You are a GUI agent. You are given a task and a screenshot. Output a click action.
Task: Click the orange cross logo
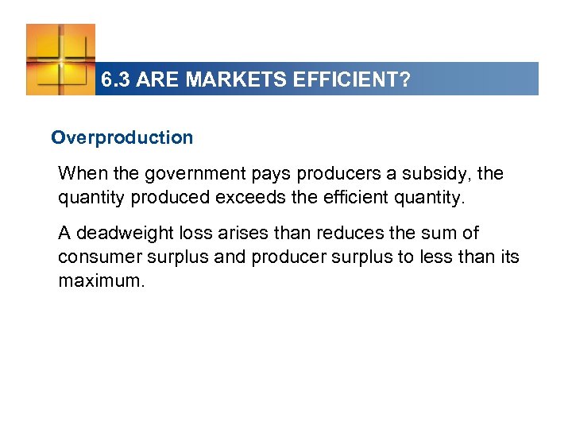coord(60,60)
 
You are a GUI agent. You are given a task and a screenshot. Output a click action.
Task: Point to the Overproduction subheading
coord(122,137)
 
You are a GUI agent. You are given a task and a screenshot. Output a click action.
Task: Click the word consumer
coord(95,257)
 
